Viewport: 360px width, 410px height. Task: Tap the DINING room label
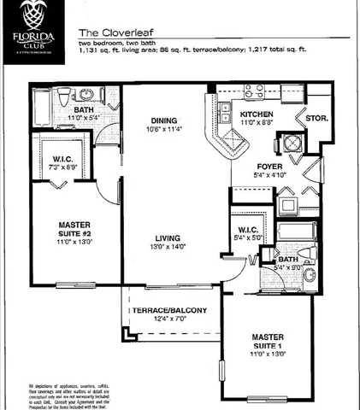click(165, 120)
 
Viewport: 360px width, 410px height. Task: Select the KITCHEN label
click(257, 114)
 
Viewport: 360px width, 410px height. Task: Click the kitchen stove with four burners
click(254, 91)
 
